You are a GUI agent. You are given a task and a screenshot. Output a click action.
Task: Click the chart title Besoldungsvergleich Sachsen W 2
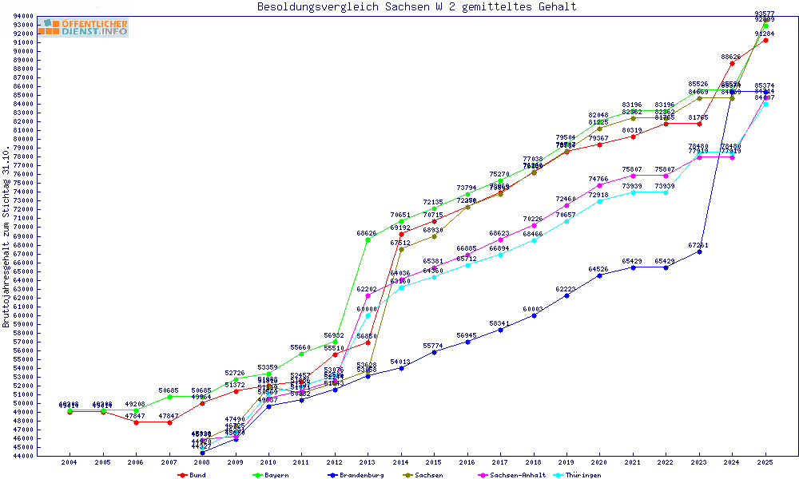[x=416, y=7]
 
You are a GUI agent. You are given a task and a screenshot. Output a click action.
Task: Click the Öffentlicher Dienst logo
[x=82, y=28]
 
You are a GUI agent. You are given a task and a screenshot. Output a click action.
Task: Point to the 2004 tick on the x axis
[x=70, y=462]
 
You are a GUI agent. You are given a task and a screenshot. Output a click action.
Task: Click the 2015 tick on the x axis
[x=434, y=462]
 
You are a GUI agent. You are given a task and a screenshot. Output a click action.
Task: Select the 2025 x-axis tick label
[x=765, y=462]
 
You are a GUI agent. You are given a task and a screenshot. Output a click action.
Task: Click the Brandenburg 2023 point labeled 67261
[x=699, y=251]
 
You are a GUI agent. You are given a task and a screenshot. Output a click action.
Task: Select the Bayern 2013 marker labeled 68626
[x=368, y=239]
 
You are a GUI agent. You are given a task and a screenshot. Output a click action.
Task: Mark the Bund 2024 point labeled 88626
[x=732, y=63]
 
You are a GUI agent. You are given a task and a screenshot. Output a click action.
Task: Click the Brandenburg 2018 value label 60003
[x=533, y=309]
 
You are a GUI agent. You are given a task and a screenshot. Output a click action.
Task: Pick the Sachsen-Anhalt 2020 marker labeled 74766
[x=599, y=185]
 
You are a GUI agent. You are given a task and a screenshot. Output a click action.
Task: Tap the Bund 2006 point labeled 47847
[x=136, y=422]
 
